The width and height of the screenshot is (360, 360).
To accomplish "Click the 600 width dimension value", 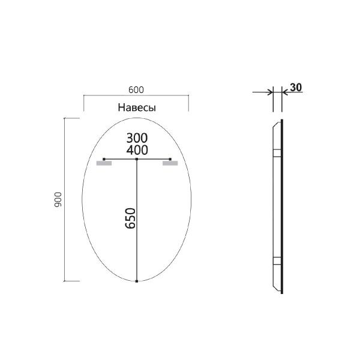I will [x=136, y=89].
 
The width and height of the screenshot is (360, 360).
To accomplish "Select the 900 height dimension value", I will [x=58, y=200].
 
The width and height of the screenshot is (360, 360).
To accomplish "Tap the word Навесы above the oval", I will [x=136, y=108].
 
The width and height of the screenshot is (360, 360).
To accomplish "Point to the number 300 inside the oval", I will [x=137, y=137].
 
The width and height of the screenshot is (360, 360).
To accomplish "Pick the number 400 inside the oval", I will [x=137, y=149].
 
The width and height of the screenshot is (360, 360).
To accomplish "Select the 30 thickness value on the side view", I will [x=295, y=88].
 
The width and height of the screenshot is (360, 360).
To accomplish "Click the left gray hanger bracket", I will [x=104, y=163].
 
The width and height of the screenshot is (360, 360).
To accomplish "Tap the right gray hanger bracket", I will [x=170, y=163].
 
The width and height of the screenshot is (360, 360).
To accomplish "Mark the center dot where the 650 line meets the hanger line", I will [x=137, y=159].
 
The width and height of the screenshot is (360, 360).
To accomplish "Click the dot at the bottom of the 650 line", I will [x=137, y=281].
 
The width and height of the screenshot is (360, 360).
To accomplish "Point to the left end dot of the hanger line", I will [x=104, y=159].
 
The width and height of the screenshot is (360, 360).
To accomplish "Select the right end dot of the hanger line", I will [x=170, y=159].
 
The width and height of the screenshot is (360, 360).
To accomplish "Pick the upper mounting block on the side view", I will [x=277, y=152].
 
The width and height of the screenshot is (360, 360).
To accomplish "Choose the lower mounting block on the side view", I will [x=277, y=260].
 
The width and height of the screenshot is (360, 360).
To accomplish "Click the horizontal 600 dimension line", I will [x=136, y=95].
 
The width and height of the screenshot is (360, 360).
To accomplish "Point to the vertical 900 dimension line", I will [x=65, y=200].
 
